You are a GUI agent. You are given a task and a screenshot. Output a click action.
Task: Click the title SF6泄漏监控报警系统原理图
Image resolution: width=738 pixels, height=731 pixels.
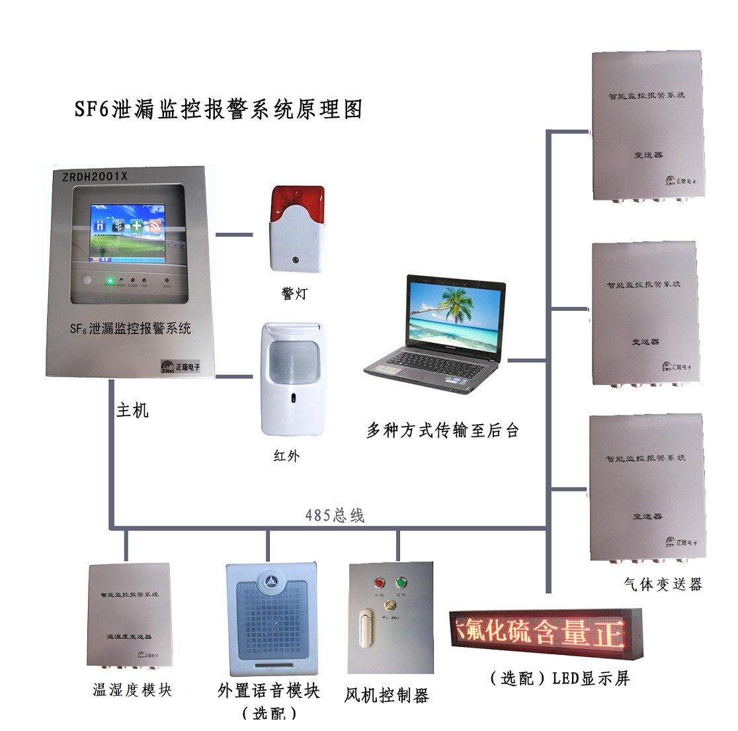point(218,109)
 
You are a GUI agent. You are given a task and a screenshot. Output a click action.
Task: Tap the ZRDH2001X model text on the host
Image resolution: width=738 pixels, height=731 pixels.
point(95,177)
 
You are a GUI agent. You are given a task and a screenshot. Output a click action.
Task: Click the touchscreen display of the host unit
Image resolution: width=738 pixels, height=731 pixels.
point(128,233)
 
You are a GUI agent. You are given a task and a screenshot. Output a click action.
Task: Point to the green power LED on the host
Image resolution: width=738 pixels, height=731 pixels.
point(110,280)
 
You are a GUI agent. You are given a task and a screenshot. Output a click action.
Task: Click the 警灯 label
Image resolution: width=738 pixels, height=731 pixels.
point(294,294)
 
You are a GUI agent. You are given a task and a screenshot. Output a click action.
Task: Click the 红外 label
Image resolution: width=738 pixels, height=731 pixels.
point(287,456)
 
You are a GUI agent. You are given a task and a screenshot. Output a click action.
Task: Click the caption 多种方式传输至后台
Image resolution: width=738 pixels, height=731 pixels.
point(442,431)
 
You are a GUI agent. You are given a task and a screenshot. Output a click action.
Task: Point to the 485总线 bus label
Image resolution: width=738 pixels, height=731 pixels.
point(335,515)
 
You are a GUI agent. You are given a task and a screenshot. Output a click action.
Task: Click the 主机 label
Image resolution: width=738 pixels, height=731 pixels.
point(132,410)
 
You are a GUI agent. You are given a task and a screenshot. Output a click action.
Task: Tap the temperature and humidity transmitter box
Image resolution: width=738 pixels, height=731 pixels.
point(130,615)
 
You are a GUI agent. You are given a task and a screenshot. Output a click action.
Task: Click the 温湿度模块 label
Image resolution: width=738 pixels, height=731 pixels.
point(132,690)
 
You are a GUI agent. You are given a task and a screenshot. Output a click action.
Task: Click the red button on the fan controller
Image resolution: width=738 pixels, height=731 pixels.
point(379,583)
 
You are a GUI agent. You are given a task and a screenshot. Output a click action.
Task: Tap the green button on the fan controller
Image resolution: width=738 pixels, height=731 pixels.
point(401,583)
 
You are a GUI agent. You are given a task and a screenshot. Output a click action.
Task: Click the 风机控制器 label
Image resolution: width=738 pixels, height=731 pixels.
point(387,695)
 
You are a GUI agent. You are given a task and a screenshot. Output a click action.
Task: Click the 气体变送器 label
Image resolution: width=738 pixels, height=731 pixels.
point(663,584)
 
